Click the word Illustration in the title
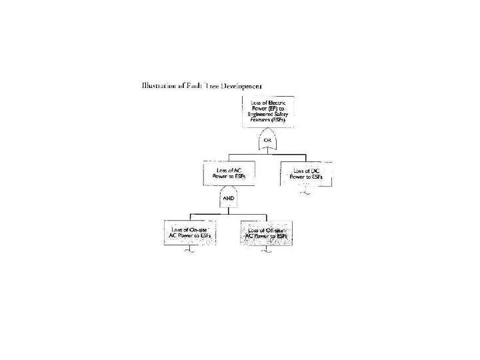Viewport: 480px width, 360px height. tap(159, 86)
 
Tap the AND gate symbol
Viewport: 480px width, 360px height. tap(228, 198)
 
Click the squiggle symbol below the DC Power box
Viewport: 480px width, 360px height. tap(305, 193)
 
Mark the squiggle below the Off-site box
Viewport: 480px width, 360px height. tap(266, 251)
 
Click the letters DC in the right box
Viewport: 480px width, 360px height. tap(315, 171)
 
